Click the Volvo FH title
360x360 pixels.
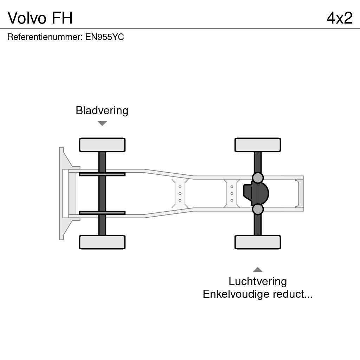pyautogui.click(x=40, y=18)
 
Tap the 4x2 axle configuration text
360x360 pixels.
pyautogui.click(x=339, y=18)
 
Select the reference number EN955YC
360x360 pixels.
pyautogui.click(x=104, y=37)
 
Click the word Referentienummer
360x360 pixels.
pyautogui.click(x=45, y=37)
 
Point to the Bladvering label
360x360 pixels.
pyautogui.click(x=102, y=110)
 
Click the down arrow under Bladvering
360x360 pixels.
pyautogui.click(x=102, y=123)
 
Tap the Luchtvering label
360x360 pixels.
pyautogui.click(x=258, y=281)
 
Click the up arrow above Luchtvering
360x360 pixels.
pyautogui.click(x=258, y=270)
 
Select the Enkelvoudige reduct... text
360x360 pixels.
pyautogui.click(x=258, y=294)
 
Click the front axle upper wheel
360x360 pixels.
pyautogui.click(x=102, y=145)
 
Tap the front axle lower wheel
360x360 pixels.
pyautogui.click(x=102, y=242)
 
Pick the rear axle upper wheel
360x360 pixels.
pyautogui.click(x=258, y=145)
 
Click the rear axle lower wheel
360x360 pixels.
pyautogui.click(x=258, y=242)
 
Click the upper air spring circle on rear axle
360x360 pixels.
pyautogui.click(x=258, y=178)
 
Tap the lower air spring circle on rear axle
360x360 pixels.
pyautogui.click(x=258, y=209)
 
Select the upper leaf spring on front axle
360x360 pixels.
pyautogui.click(x=102, y=174)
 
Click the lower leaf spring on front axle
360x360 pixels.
pyautogui.click(x=102, y=213)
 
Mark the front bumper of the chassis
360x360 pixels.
pyautogui.click(x=62, y=193)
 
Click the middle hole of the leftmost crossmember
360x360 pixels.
pyautogui.click(x=180, y=193)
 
